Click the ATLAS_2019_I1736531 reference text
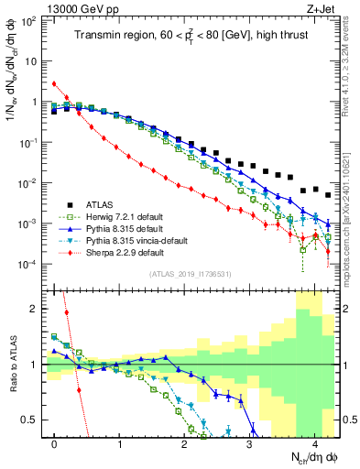197,274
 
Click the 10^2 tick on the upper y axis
30,21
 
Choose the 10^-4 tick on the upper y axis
30,265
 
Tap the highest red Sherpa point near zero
55,84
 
